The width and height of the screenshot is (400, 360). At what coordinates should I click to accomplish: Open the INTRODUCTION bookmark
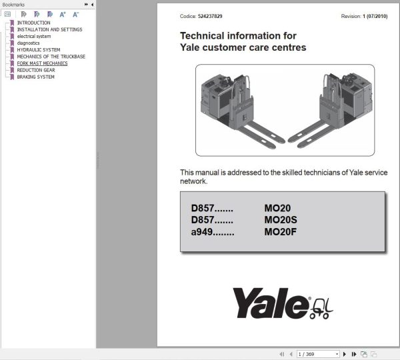[34, 23]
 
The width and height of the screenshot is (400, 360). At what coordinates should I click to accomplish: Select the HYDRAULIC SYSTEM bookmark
[39, 50]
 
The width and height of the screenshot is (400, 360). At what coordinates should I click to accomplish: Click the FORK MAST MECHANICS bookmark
[43, 63]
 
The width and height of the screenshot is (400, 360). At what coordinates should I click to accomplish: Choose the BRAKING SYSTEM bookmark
[36, 77]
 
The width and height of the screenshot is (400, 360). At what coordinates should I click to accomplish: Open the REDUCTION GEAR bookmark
[36, 70]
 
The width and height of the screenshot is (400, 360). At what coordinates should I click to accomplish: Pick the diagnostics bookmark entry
[28, 43]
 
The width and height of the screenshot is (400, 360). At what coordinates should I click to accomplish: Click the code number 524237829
[210, 16]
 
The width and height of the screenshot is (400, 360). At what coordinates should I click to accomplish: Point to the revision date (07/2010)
[377, 16]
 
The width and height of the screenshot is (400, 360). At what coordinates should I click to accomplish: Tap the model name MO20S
[281, 220]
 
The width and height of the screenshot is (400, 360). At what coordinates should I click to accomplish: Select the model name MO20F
[281, 232]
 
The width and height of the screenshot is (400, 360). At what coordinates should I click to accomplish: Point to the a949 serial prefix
[202, 232]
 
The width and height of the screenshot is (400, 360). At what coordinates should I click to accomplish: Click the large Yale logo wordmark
[271, 303]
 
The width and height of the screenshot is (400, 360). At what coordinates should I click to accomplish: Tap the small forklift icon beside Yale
[321, 309]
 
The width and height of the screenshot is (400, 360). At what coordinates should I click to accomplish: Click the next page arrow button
[345, 354]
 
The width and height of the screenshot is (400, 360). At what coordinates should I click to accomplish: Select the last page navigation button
[354, 354]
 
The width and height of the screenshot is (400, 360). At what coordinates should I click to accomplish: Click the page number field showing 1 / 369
[318, 354]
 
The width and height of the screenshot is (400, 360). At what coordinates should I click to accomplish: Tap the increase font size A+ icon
[63, 15]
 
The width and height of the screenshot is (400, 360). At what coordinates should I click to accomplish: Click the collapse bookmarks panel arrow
[92, 5]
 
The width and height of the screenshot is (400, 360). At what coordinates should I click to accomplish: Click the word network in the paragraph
[193, 181]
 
